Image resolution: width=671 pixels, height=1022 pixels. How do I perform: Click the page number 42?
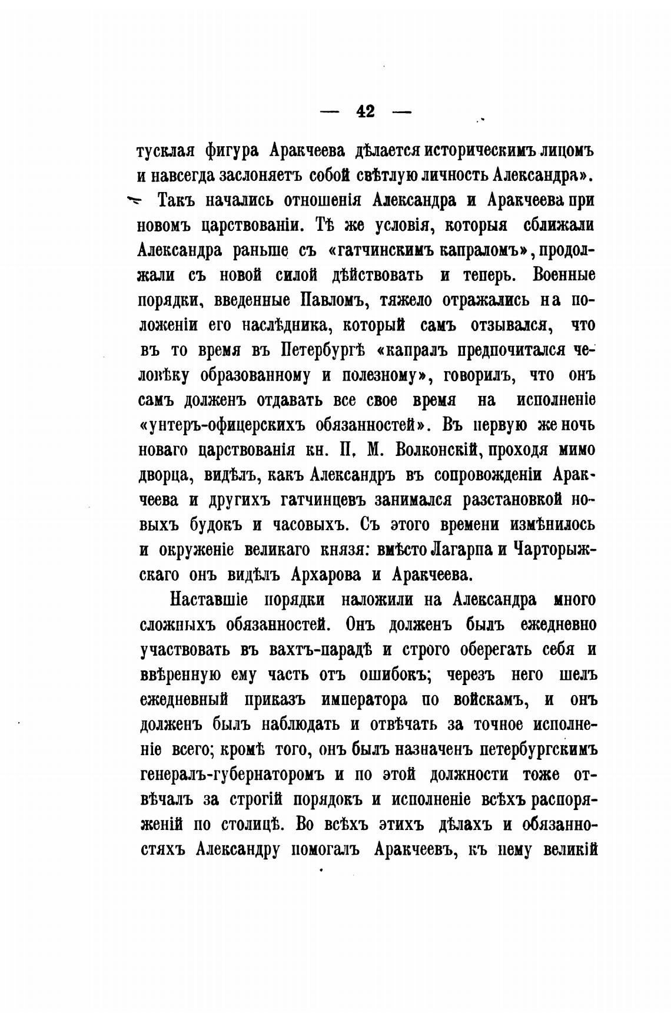(366, 111)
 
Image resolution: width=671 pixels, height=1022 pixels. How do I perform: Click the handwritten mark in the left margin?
(134, 201)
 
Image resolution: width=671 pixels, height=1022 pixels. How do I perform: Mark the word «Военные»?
(563, 275)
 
